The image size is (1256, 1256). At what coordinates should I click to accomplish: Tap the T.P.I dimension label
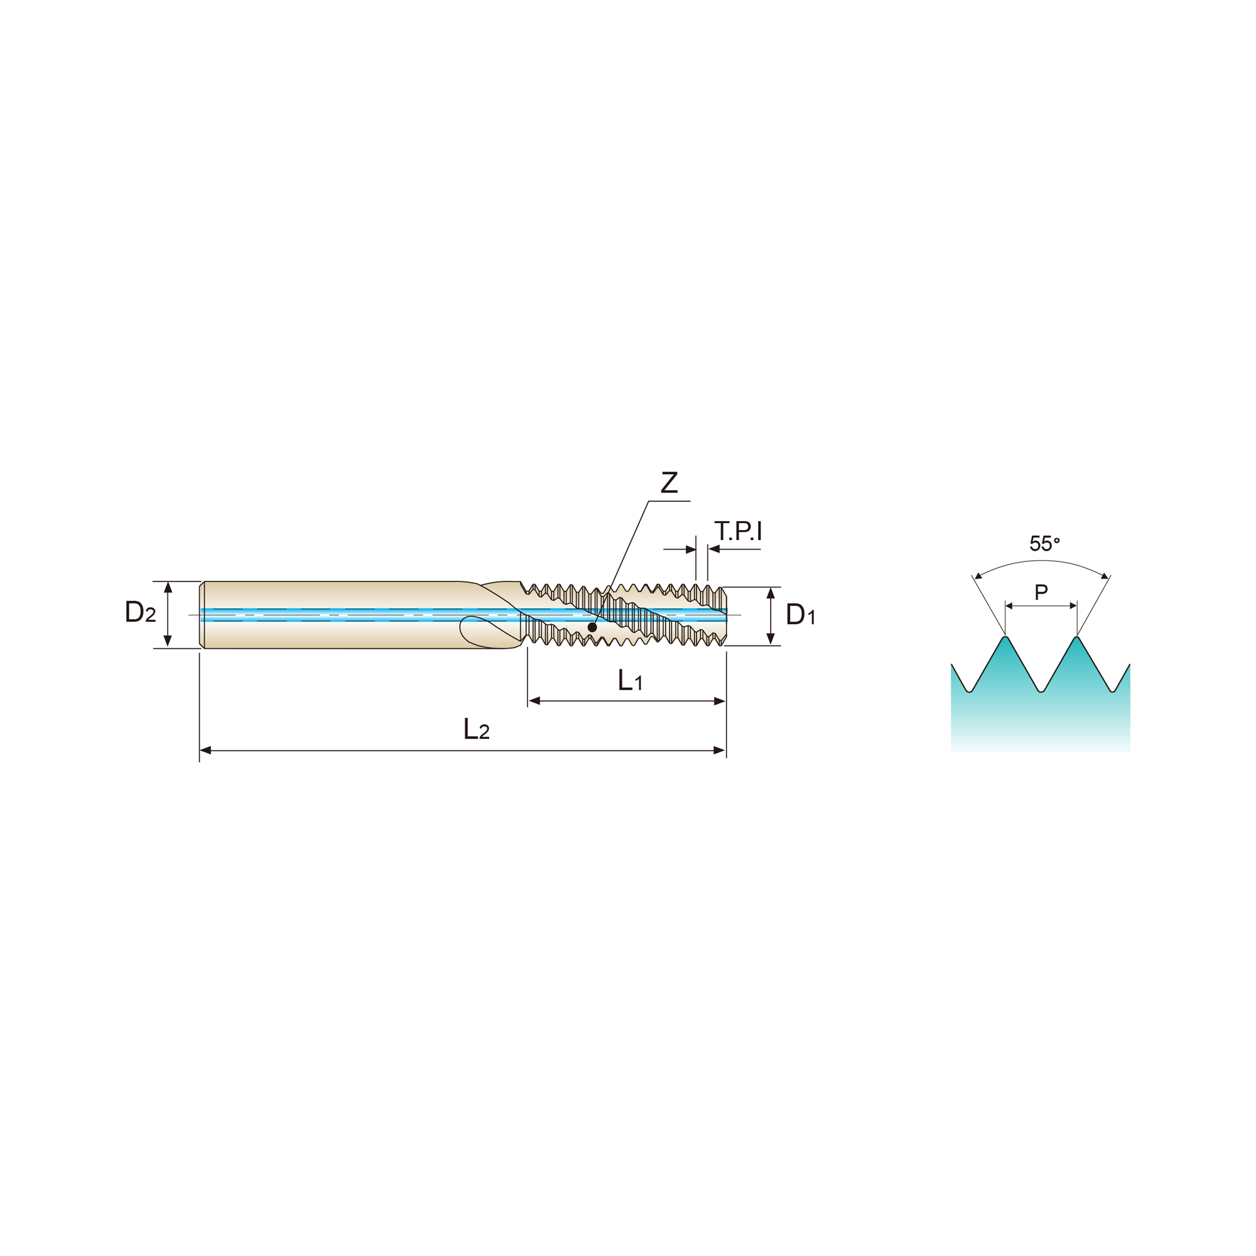(x=738, y=531)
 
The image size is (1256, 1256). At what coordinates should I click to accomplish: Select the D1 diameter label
(x=800, y=614)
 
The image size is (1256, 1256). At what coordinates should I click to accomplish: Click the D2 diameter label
(x=141, y=611)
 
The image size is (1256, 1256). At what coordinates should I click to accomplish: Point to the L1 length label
(x=631, y=681)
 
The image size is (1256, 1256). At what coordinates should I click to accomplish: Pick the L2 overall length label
(x=477, y=729)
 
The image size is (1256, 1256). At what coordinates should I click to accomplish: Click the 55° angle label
(x=1045, y=543)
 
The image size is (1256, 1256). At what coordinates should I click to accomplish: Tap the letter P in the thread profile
(x=1041, y=592)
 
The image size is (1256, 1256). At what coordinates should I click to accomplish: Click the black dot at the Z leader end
(x=592, y=627)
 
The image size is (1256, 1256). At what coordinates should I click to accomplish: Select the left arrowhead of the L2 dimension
(x=205, y=750)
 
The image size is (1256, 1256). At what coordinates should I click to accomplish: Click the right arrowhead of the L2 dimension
(x=720, y=750)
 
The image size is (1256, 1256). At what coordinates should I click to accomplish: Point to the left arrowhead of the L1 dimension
(x=534, y=701)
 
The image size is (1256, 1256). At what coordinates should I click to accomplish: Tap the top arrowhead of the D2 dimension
(x=168, y=587)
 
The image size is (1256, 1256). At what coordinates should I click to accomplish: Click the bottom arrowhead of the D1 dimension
(x=771, y=639)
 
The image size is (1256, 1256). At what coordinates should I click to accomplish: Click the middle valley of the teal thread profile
(x=1041, y=690)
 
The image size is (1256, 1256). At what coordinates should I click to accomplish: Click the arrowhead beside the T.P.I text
(x=714, y=549)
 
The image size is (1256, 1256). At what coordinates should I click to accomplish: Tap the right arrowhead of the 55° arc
(x=1105, y=576)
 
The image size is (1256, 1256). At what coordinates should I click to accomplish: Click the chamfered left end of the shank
(x=202, y=614)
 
